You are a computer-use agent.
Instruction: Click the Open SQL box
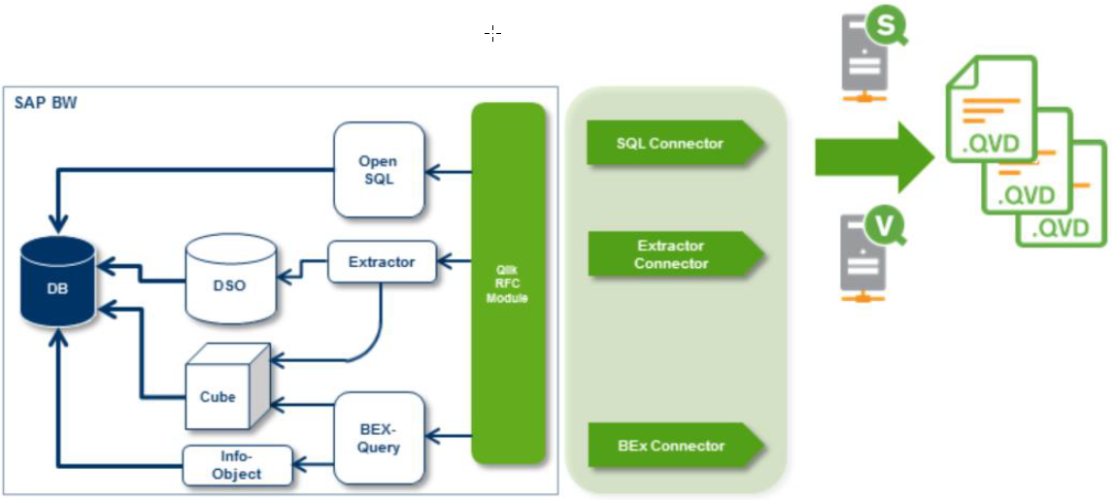coord(379,170)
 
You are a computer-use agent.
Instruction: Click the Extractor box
coord(382,262)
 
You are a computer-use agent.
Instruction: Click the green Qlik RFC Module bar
coord(508,283)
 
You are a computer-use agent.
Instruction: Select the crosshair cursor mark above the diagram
coord(492,34)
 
